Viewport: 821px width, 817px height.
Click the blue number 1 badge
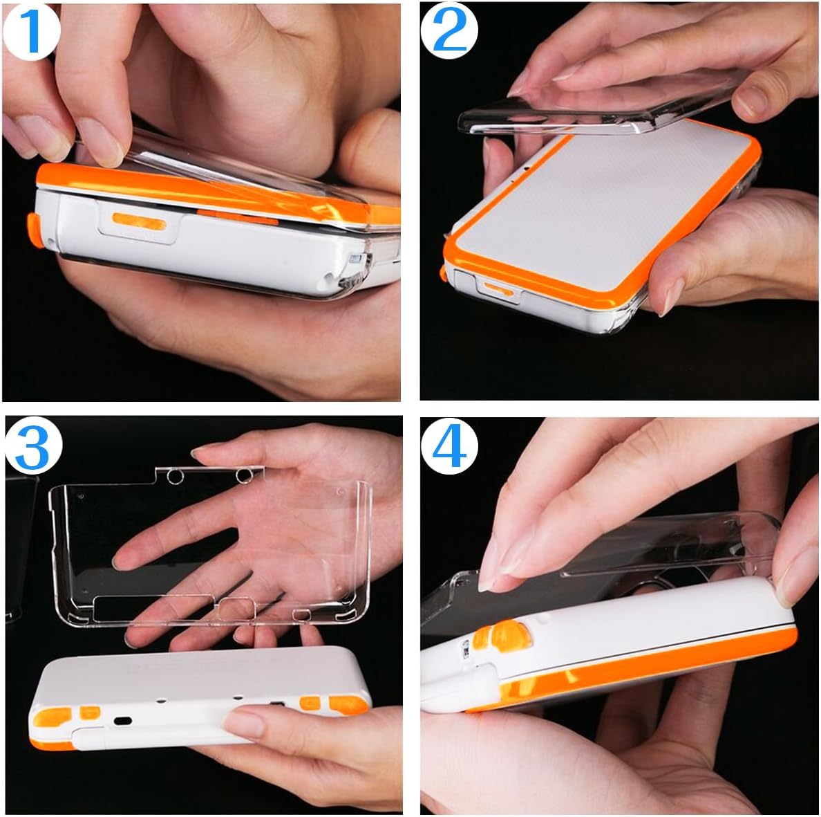(30, 31)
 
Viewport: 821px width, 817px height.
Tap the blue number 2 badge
(451, 31)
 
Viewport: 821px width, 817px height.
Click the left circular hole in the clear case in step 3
(175, 476)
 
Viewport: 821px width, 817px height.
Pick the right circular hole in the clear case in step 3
(243, 476)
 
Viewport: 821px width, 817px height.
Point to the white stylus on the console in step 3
(152, 736)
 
